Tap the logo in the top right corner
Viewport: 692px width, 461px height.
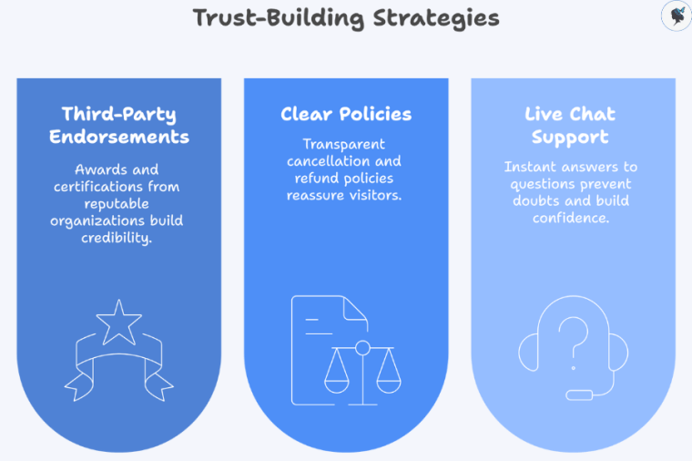tap(675, 16)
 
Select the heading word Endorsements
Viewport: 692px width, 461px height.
tap(119, 138)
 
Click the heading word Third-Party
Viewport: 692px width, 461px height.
tap(119, 114)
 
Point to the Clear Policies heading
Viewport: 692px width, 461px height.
tap(346, 114)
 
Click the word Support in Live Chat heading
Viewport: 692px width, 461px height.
tap(570, 138)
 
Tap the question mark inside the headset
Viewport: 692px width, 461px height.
tap(571, 340)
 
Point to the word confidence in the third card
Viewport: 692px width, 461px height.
tap(570, 218)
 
